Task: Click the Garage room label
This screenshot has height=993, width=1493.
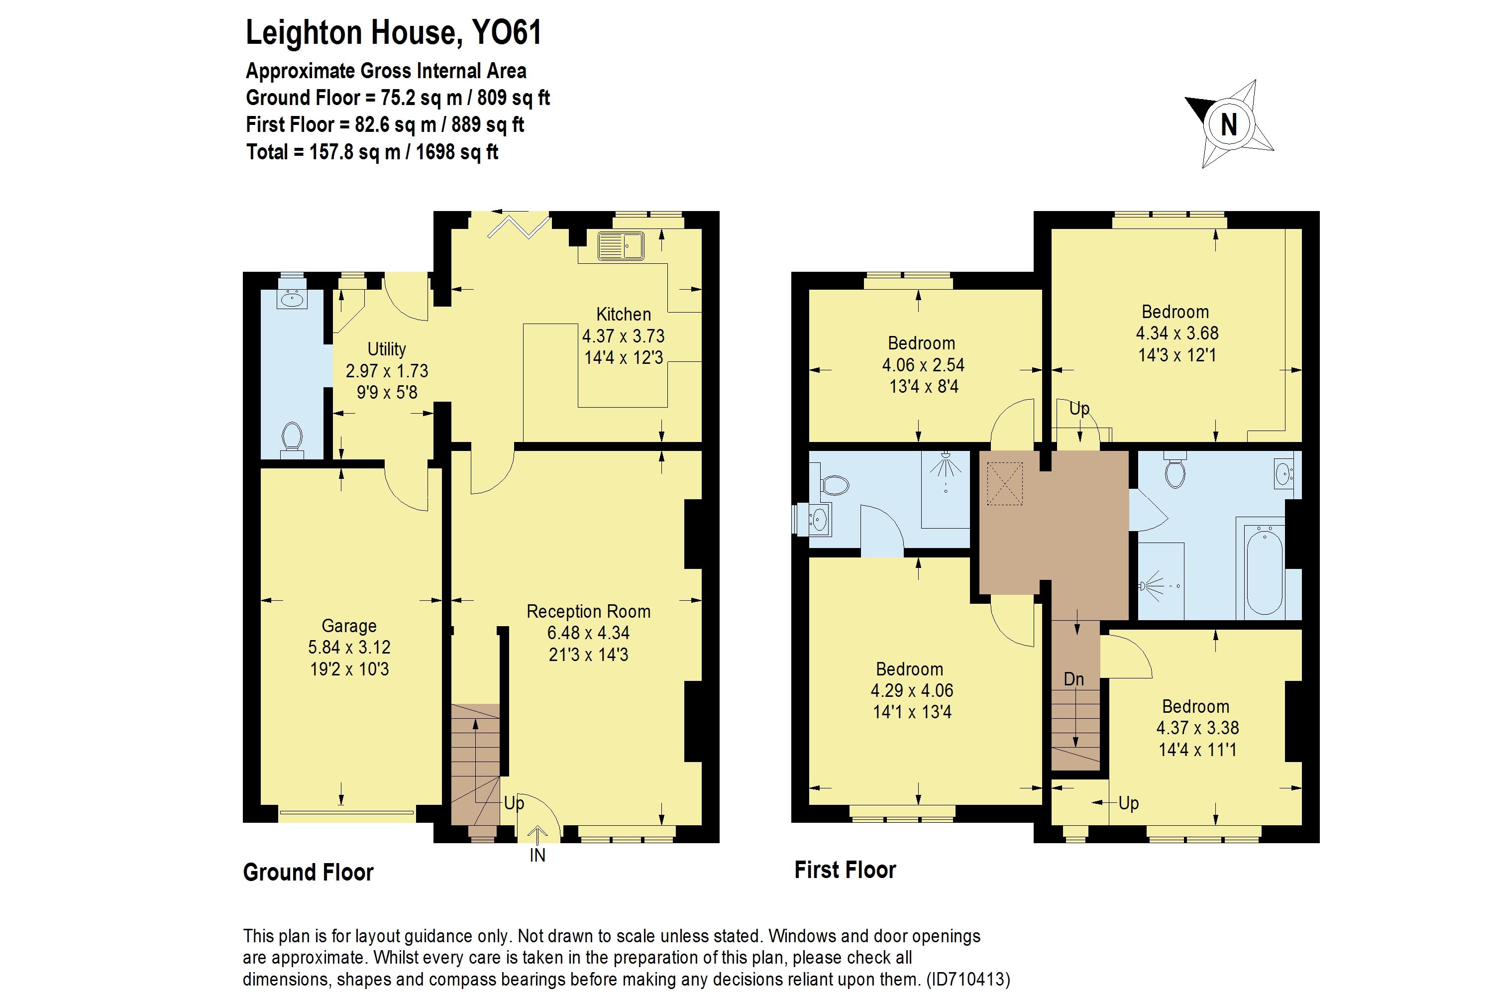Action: (x=349, y=626)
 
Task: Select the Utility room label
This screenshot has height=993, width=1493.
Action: (x=386, y=349)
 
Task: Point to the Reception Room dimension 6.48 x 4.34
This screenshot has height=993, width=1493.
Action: (x=588, y=633)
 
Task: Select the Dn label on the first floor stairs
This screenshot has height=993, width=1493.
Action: (x=1074, y=679)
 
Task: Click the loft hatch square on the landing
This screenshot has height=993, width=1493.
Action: (x=1005, y=484)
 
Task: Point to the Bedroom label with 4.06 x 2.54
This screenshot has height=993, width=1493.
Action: (x=921, y=343)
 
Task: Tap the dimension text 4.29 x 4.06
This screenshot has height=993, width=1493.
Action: (x=912, y=690)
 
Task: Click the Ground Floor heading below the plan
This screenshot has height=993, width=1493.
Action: (x=309, y=873)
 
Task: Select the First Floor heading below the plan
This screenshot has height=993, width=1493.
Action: (x=845, y=870)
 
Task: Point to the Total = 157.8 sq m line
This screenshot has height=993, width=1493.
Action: (x=372, y=152)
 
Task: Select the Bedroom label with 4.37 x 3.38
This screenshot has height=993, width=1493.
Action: (x=1195, y=706)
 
